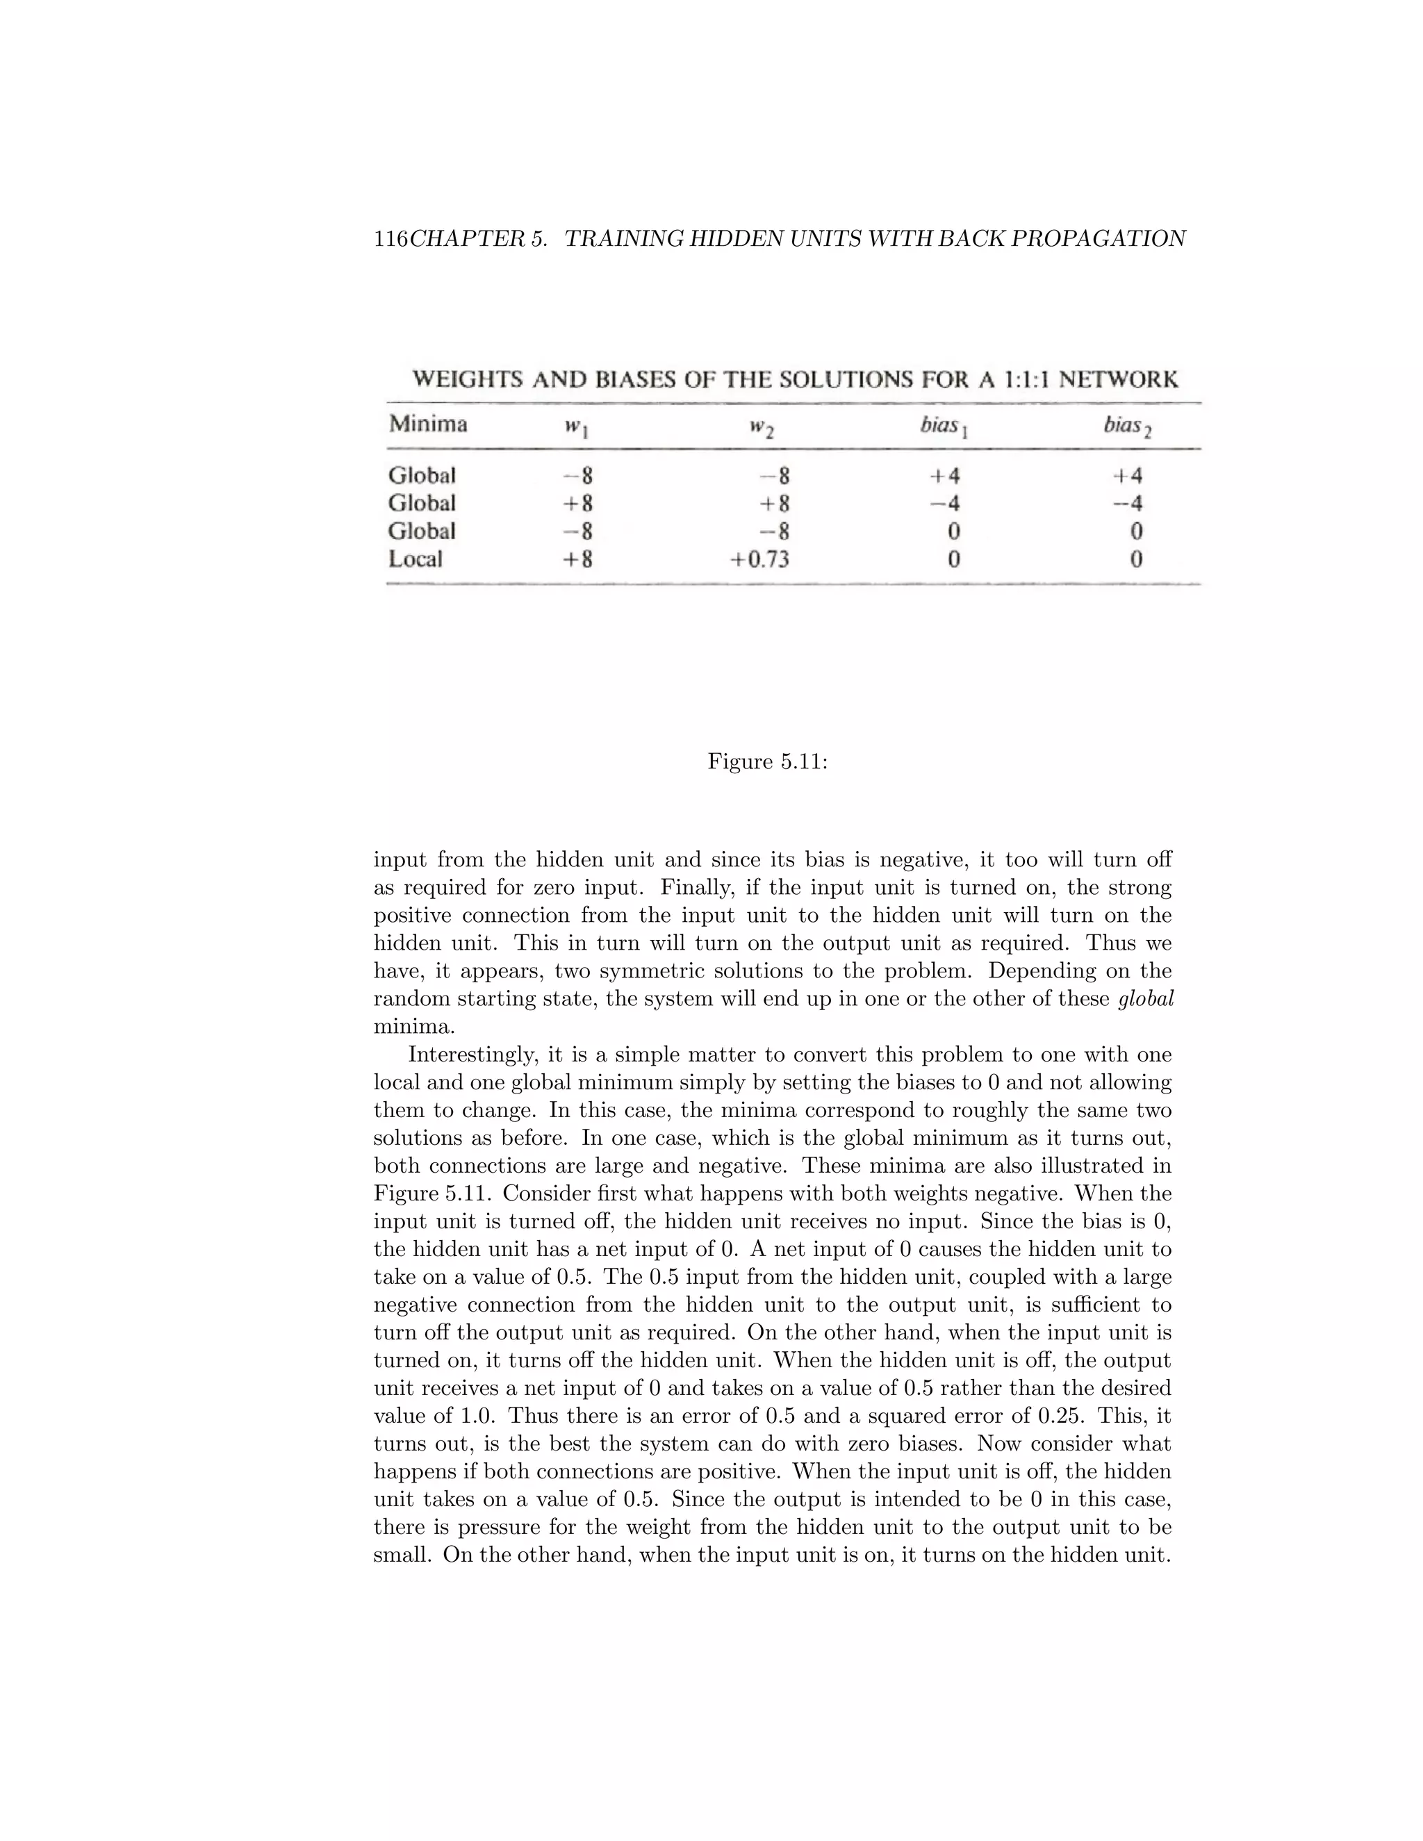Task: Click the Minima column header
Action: tap(427, 423)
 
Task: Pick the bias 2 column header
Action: tap(1127, 426)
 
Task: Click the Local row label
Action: tap(415, 559)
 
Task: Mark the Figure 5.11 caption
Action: tap(767, 762)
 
